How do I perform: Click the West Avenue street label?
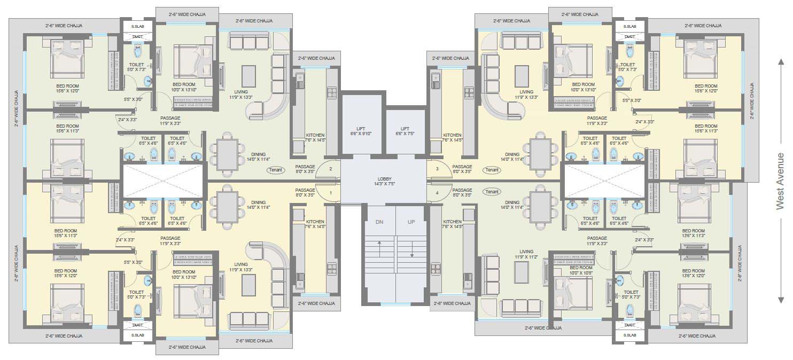click(781, 181)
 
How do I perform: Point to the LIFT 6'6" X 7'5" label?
click(405, 131)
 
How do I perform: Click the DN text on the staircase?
click(379, 222)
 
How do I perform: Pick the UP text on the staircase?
click(411, 222)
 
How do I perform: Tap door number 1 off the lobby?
click(331, 192)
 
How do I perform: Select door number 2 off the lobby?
click(331, 169)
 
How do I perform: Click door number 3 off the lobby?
click(437, 169)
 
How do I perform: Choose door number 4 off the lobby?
click(437, 192)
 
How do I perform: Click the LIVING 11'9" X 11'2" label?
click(526, 254)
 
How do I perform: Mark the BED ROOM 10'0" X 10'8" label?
click(581, 270)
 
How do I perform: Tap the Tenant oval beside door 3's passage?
click(492, 170)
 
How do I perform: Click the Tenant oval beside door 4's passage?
click(492, 192)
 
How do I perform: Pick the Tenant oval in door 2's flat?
click(276, 170)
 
